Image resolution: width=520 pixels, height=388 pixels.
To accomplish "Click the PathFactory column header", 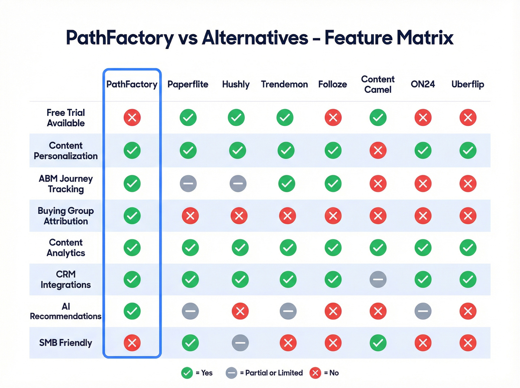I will pyautogui.click(x=132, y=84).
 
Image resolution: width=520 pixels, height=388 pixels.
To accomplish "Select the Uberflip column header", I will pyautogui.click(x=468, y=84).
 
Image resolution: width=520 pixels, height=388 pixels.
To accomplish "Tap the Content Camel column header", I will pyautogui.click(x=378, y=84).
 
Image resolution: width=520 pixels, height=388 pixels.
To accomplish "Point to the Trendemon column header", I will pyautogui.click(x=284, y=84).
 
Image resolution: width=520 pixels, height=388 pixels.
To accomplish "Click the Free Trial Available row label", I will pyautogui.click(x=66, y=118).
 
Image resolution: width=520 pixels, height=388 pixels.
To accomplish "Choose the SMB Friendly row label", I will pyautogui.click(x=66, y=343).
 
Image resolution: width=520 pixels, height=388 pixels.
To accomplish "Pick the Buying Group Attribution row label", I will pyautogui.click(x=66, y=216).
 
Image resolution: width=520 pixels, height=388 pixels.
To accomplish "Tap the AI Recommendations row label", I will pyautogui.click(x=66, y=311).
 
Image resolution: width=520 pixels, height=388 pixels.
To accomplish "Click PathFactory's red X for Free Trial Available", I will pyautogui.click(x=132, y=118).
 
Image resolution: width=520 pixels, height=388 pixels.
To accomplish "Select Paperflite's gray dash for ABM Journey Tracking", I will pyautogui.click(x=188, y=183).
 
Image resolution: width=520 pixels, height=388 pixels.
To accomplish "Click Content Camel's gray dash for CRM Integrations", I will pyautogui.click(x=378, y=279).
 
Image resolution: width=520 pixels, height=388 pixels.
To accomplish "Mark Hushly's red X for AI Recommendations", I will pyautogui.click(x=240, y=311).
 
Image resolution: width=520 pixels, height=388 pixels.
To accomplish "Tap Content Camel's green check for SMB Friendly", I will pyautogui.click(x=378, y=343).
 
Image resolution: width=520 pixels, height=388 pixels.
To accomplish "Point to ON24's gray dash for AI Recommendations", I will pyautogui.click(x=423, y=311).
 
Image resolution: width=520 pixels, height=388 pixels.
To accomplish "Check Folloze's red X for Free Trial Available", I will pyautogui.click(x=333, y=118).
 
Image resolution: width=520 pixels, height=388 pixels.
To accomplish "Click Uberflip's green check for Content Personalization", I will pyautogui.click(x=468, y=150).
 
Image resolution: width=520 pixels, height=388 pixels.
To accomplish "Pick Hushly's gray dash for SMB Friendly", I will pyautogui.click(x=240, y=343).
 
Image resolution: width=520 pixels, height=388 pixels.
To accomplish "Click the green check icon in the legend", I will pyautogui.click(x=187, y=373).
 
